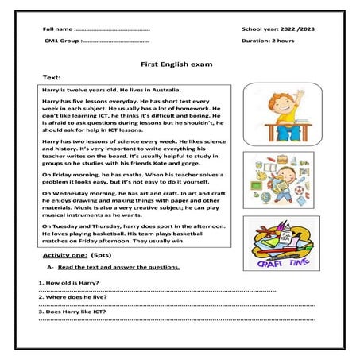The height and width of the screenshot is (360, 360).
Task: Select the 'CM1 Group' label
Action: click(60, 40)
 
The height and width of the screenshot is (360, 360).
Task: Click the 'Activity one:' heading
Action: click(64, 257)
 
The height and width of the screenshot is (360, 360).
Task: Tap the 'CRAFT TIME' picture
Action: click(281, 245)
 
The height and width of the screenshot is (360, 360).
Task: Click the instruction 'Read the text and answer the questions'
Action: click(118, 267)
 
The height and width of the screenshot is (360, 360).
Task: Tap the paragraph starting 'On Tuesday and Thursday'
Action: click(135, 234)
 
